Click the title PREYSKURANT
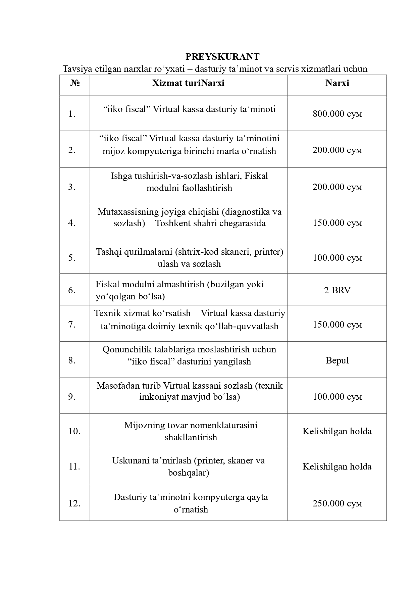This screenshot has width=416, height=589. click(x=222, y=56)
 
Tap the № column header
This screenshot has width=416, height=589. click(x=74, y=83)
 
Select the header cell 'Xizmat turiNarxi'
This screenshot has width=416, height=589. click(x=188, y=83)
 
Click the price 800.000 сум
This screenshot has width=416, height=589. click(x=337, y=114)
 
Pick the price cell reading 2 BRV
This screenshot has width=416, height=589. click(x=337, y=290)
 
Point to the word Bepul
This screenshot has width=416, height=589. click(x=337, y=360)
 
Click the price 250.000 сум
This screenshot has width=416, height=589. click(x=337, y=503)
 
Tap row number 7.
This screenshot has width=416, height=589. click(x=72, y=325)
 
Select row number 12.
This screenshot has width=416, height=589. click(x=74, y=503)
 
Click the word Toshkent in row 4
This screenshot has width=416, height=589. click(x=171, y=224)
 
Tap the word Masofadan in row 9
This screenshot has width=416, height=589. click(x=115, y=386)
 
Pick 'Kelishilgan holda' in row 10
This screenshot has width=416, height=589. click(x=337, y=431)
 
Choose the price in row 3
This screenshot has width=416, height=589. click(x=337, y=187)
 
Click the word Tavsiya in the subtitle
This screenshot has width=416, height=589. click(x=74, y=69)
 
